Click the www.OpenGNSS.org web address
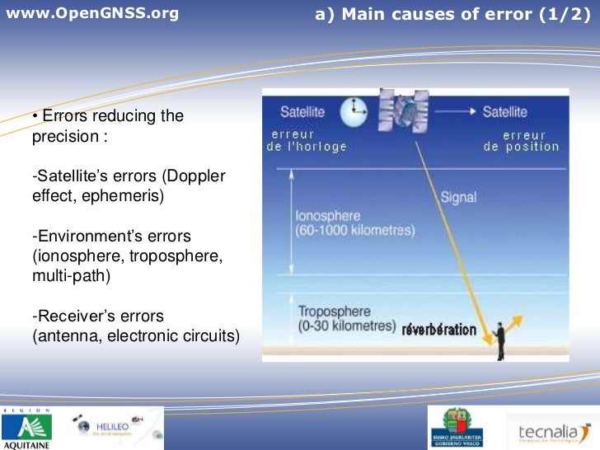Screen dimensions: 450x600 91,14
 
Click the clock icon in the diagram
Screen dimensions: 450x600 355,110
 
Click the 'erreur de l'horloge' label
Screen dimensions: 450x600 306,140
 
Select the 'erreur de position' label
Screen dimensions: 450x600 521,140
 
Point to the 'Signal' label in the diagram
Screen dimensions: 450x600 458,198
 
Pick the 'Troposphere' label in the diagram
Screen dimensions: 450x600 334,312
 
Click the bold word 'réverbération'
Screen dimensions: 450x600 438,330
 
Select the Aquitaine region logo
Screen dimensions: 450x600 26,428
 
